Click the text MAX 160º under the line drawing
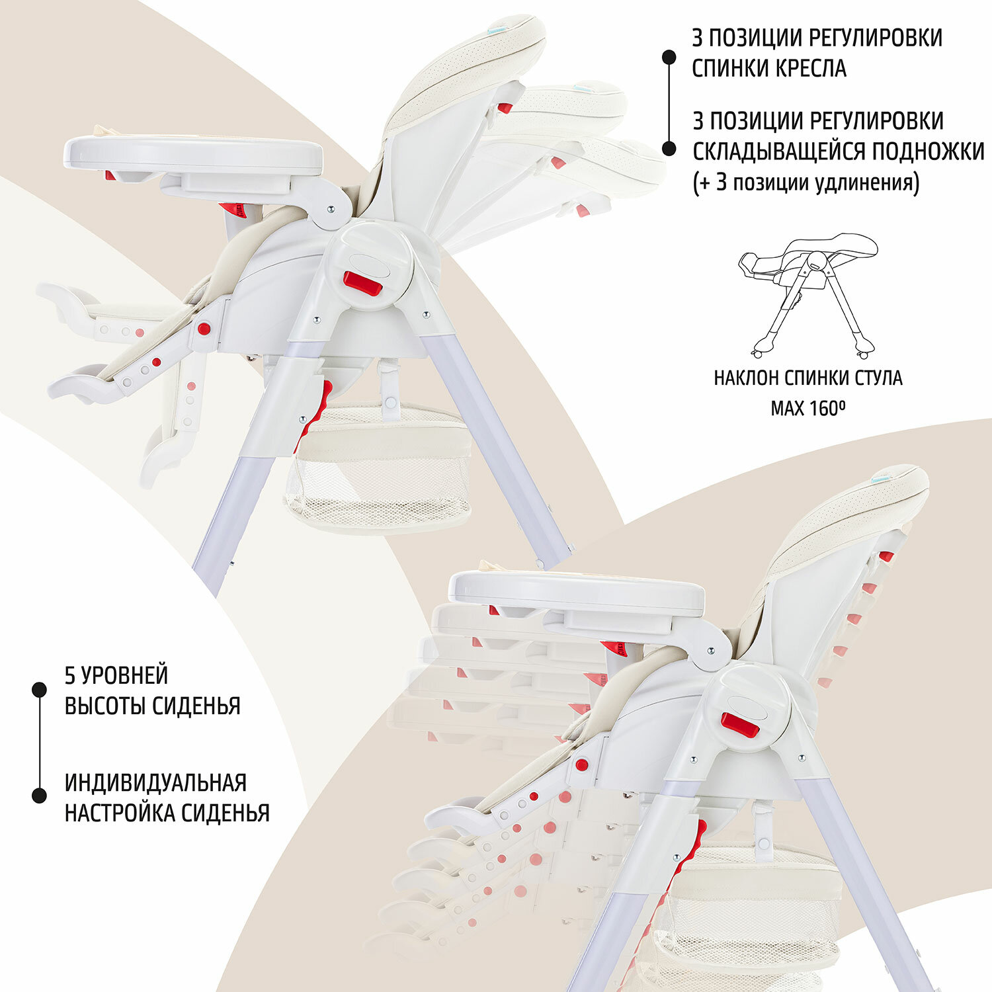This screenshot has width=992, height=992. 808,408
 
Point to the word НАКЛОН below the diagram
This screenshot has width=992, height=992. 745,378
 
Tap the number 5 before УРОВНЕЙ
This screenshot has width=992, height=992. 69,675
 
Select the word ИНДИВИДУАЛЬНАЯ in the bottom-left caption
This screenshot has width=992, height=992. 155,782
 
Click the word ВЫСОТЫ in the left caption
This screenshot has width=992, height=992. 105,706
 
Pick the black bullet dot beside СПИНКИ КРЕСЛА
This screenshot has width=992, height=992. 669,58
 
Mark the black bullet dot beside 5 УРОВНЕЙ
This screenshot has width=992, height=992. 40,690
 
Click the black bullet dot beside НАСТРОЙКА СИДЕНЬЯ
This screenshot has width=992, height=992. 40,796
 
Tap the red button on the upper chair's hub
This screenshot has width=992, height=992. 362,284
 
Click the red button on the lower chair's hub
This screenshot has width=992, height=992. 739,725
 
